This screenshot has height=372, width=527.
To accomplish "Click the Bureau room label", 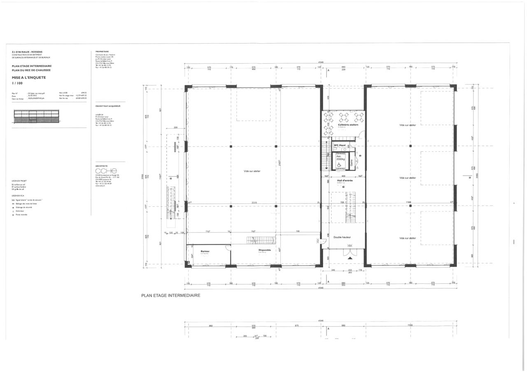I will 205,251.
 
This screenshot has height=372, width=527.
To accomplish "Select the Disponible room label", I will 265,250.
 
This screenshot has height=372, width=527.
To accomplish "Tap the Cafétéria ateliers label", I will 348,125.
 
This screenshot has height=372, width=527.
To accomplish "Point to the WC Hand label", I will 340,145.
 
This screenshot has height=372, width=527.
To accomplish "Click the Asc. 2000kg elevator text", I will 340,157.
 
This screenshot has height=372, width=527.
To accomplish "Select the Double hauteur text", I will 342,237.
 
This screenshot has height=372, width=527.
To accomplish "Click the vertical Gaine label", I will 352,163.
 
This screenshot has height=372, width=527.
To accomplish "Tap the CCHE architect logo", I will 106,171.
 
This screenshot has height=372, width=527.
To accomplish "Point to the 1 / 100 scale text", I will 17,83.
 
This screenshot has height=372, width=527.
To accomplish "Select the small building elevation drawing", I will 36,116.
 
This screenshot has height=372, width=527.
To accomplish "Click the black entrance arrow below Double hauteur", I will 350,258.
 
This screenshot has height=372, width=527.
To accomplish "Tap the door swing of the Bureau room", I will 227,248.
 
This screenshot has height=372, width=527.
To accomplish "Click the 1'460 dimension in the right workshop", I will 408,203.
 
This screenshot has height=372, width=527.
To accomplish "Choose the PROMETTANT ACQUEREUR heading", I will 107,106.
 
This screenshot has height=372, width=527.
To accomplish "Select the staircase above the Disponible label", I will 261,240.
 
